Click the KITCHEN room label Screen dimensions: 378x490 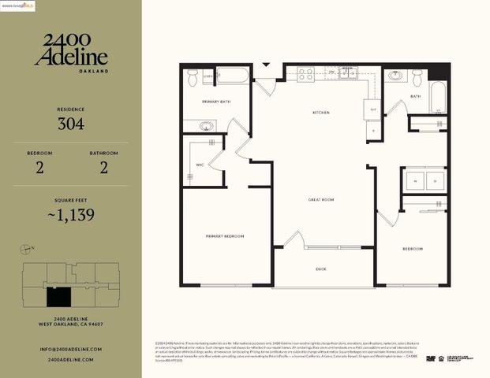[x=320, y=113]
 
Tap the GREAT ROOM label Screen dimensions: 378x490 [x=321, y=200]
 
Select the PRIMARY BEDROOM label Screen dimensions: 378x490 [x=225, y=236]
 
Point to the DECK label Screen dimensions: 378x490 [x=321, y=269]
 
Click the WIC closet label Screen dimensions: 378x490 [x=201, y=165]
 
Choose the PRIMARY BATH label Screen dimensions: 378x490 [x=215, y=102]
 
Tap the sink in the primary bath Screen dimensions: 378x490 [x=206, y=125]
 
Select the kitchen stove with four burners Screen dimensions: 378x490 [x=305, y=75]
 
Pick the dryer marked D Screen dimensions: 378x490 [x=435, y=180]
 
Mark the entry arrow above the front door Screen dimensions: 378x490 [x=266, y=65]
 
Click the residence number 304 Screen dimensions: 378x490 [x=71, y=124]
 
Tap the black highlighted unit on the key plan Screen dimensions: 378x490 [x=58, y=297]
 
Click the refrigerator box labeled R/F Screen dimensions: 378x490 [x=375, y=109]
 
